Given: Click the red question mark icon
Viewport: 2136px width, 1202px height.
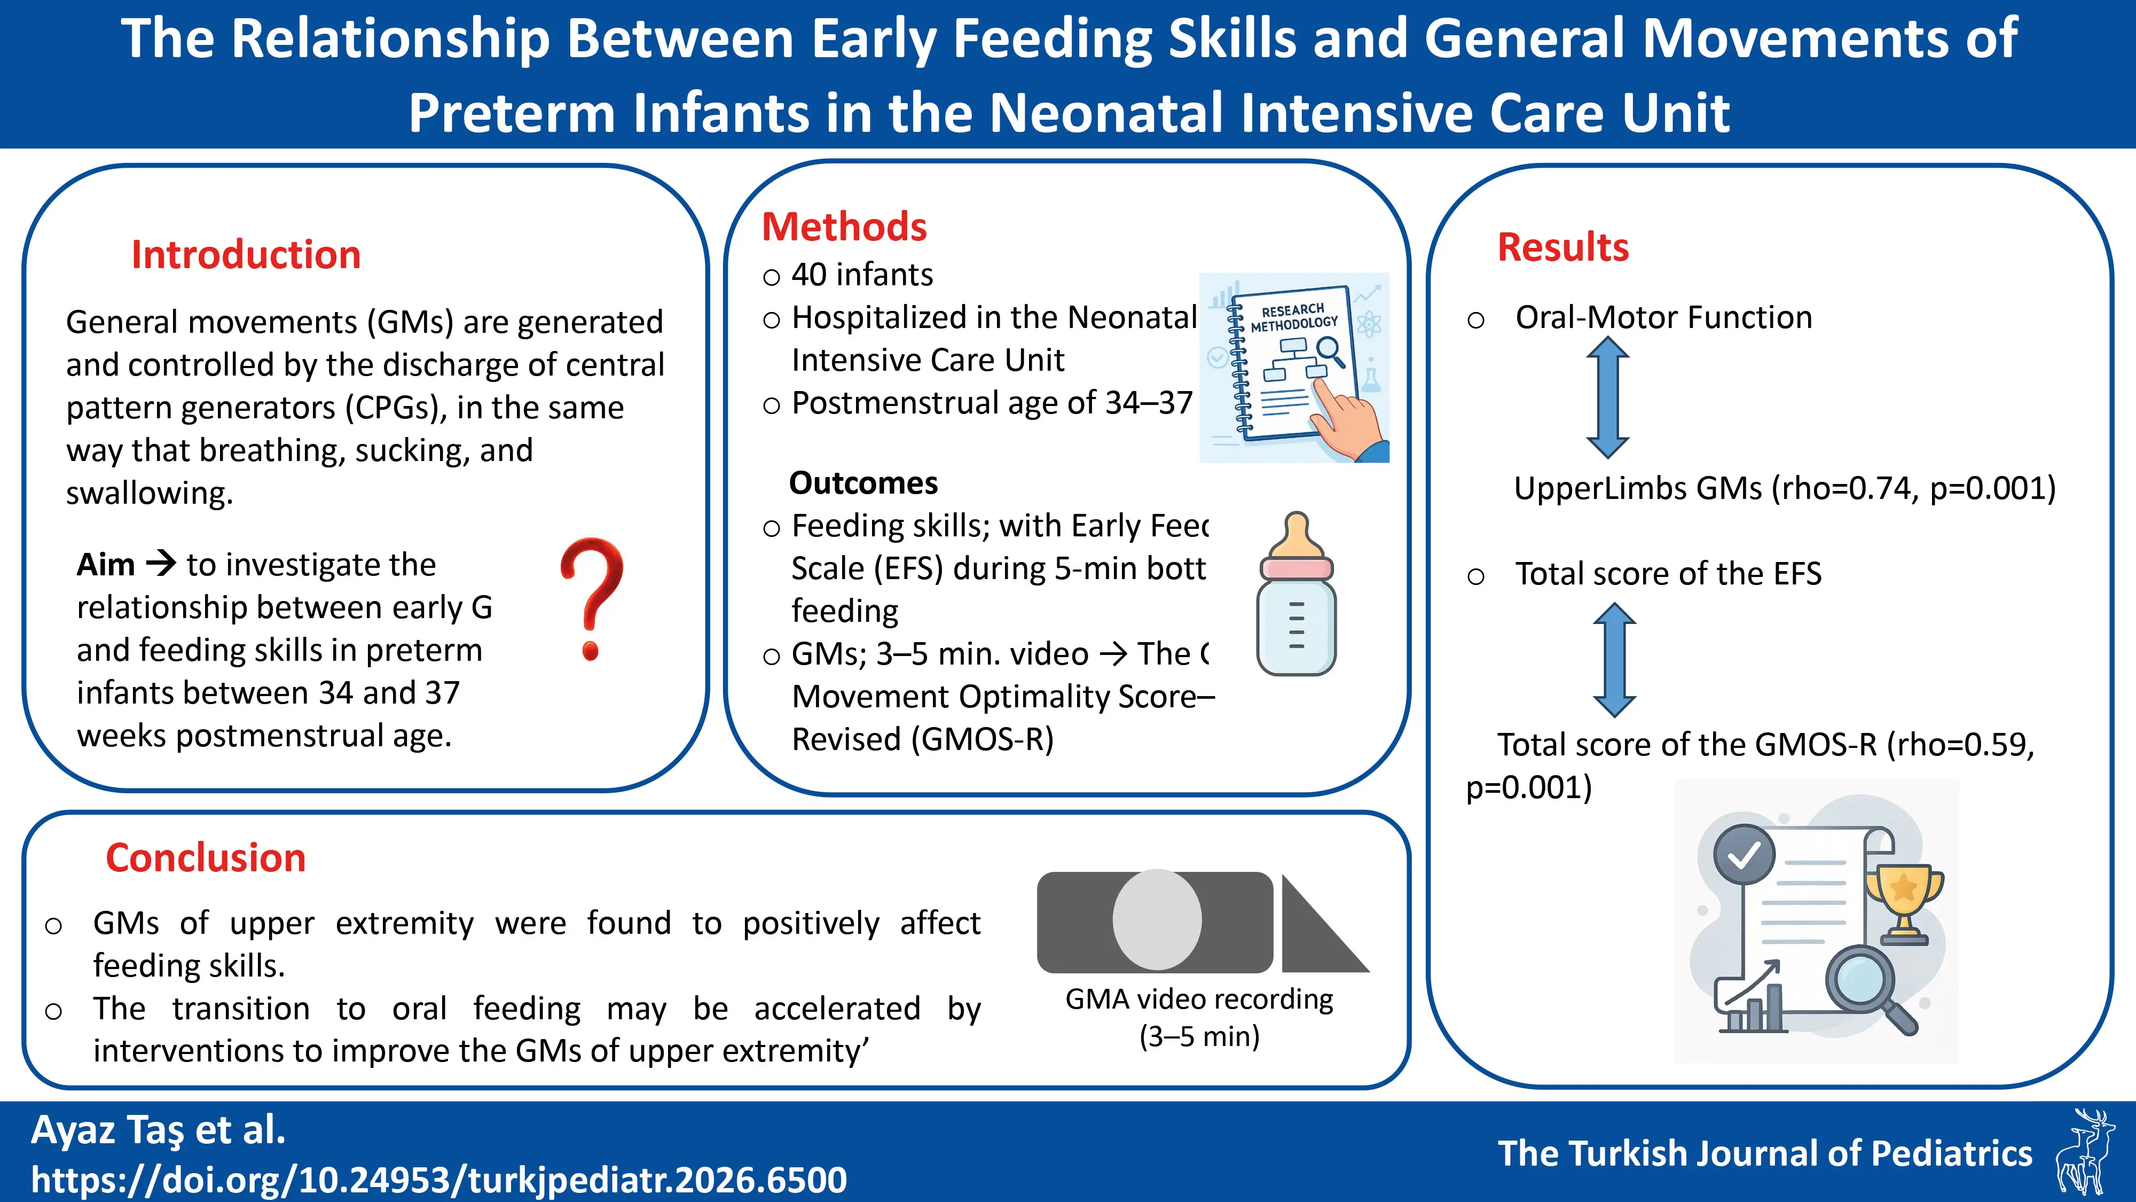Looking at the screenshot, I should click(x=591, y=597).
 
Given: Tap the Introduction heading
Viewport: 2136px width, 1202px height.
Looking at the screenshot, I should click(x=246, y=255).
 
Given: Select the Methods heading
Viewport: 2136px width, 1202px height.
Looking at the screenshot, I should click(x=844, y=227).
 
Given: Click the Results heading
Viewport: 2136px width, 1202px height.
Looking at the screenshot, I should click(x=1563, y=247).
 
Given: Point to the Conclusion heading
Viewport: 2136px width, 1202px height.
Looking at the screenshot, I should click(x=206, y=858).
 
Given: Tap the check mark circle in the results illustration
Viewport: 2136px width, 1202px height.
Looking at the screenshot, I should click(x=1744, y=854).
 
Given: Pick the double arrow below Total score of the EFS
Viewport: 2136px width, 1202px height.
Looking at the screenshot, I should click(x=1614, y=659).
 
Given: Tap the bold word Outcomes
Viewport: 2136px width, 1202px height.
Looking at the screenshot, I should click(x=863, y=483).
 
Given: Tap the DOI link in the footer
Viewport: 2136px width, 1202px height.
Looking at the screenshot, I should click(x=438, y=1180).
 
